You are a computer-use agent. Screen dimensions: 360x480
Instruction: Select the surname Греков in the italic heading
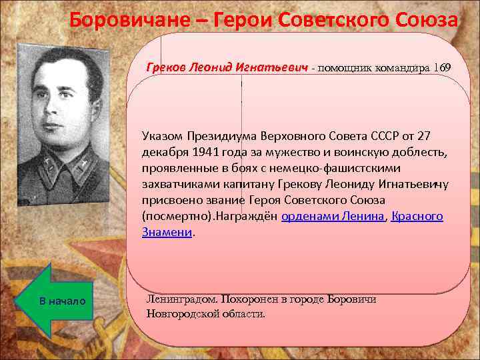167,68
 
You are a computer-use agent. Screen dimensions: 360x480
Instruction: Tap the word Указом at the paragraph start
161,136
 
